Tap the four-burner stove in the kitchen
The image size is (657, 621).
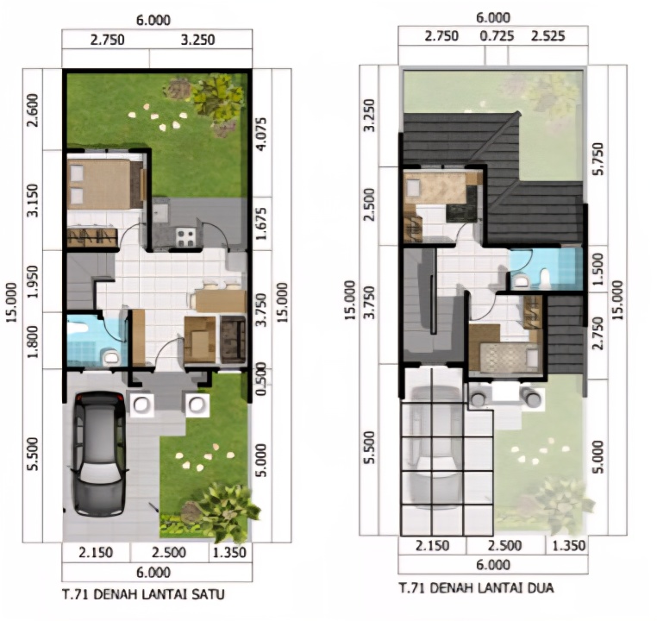click(185, 237)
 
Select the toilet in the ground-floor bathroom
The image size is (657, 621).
click(110, 358)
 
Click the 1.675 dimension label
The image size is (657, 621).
click(260, 223)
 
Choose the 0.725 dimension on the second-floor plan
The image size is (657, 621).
click(497, 35)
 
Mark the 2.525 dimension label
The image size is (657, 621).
click(548, 35)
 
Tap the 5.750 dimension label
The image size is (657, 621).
click(598, 159)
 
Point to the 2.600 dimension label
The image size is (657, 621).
click(33, 110)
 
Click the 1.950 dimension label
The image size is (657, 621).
click(33, 281)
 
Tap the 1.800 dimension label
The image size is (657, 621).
click(33, 342)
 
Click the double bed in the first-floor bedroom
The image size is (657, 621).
click(104, 184)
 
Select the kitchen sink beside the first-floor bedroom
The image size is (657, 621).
click(161, 210)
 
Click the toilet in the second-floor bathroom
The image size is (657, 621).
click(544, 277)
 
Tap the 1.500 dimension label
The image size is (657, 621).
click(598, 269)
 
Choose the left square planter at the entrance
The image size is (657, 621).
click(141, 405)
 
